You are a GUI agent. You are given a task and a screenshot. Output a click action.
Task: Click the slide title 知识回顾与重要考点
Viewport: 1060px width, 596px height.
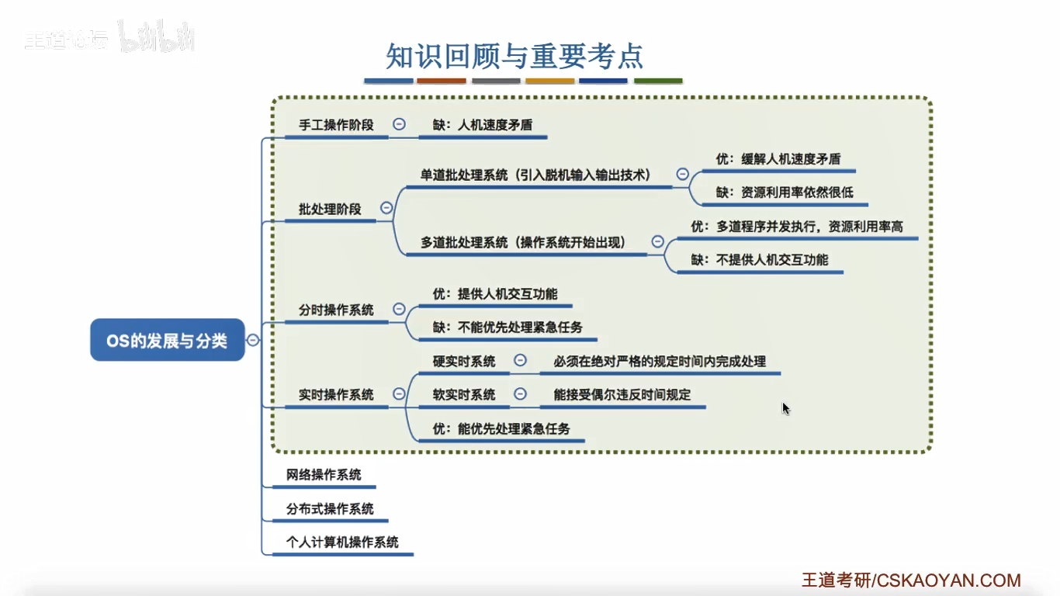[514, 57]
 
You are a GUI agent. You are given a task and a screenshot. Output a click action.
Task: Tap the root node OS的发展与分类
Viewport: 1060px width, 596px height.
[167, 340]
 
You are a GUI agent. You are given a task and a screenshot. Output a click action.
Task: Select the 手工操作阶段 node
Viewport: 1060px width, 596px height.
[336, 124]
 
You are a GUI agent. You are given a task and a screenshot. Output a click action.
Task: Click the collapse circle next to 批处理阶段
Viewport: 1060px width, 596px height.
[386, 208]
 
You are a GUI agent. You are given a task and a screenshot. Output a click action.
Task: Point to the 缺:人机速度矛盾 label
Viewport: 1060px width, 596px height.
[483, 124]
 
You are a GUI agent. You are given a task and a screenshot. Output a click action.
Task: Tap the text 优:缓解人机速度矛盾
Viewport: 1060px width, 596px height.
[778, 158]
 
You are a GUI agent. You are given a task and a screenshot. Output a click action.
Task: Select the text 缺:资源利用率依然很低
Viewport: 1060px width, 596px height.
[785, 192]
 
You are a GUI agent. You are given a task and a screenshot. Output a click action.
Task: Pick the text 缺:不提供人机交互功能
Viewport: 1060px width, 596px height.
[760, 259]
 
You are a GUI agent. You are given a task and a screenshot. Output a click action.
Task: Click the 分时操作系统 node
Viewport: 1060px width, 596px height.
[336, 310]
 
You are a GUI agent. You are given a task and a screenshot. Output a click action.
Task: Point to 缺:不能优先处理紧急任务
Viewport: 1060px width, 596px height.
[507, 327]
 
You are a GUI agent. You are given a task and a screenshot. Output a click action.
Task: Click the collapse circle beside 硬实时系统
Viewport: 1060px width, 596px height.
[521, 360]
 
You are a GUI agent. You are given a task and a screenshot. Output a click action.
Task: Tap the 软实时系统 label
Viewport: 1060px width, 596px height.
[464, 394]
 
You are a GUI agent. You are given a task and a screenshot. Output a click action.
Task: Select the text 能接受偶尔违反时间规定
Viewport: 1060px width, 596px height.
[622, 394]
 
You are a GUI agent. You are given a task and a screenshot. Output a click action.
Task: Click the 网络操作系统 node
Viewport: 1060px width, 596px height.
[324, 474]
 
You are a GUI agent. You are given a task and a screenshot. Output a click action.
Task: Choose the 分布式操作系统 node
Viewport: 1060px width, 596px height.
[330, 508]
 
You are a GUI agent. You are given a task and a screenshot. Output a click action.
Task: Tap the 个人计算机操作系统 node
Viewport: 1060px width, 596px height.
[342, 542]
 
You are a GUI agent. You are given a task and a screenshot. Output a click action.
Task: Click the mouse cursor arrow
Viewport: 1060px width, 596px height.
[785, 407]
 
